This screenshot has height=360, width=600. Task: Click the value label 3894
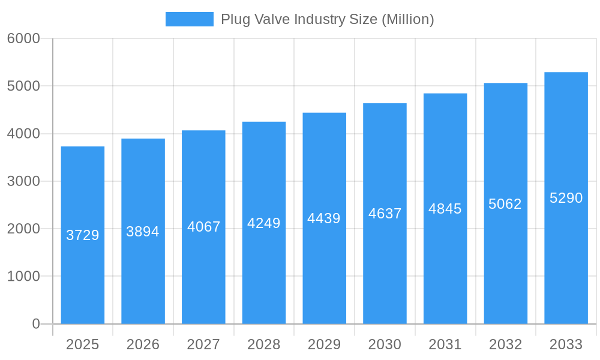(143, 232)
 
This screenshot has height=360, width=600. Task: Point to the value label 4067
(204, 227)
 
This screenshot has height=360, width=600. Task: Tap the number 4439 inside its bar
(324, 218)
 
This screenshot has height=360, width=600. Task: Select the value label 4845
(445, 209)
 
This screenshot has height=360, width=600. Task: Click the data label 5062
(505, 204)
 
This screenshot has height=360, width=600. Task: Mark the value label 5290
(566, 198)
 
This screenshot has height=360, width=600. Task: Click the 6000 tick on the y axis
(23, 38)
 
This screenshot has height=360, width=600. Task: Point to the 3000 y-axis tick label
(23, 181)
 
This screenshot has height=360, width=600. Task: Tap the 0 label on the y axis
(35, 324)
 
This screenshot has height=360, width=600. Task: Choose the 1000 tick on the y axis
(23, 277)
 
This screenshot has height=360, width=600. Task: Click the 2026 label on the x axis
(143, 344)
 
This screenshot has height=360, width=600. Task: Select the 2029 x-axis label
(324, 344)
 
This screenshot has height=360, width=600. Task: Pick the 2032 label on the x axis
(505, 344)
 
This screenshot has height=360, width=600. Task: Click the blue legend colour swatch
(190, 19)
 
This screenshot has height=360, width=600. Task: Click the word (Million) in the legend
(408, 19)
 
